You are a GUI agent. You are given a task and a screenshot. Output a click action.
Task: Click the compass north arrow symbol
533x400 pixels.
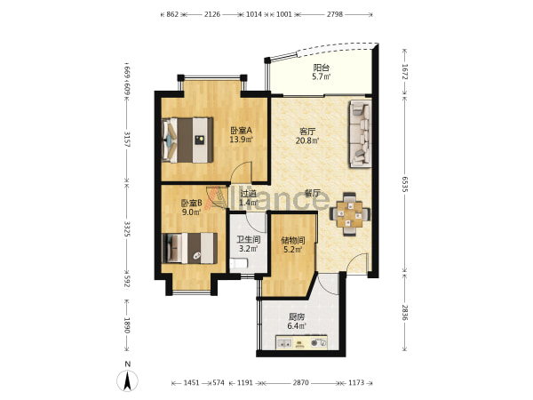pyautogui.click(x=127, y=380)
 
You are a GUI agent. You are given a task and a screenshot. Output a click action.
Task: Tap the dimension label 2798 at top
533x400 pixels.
pyautogui.click(x=335, y=14)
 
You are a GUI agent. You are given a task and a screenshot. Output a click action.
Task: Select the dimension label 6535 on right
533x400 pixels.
pyautogui.click(x=404, y=184)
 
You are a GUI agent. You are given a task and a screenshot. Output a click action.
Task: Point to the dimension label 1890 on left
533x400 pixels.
pyautogui.click(x=127, y=325)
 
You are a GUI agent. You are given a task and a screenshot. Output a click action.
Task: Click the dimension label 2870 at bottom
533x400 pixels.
pyautogui.click(x=301, y=382)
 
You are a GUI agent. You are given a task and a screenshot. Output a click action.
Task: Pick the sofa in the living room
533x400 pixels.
pyautogui.click(x=360, y=133)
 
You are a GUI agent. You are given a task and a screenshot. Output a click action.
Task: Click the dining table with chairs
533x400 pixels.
pyautogui.click(x=349, y=214)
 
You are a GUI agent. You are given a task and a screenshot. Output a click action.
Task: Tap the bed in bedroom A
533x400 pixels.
pyautogui.click(x=187, y=140)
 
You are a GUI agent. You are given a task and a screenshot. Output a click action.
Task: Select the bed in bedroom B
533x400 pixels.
pyautogui.click(x=190, y=248)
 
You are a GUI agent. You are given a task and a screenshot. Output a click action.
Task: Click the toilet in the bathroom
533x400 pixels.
pyautogui.click(x=239, y=264)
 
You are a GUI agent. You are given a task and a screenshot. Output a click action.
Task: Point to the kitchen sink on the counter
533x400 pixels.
pyautogui.click(x=284, y=342)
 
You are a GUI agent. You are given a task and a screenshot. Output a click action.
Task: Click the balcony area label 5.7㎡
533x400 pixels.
pyautogui.click(x=322, y=76)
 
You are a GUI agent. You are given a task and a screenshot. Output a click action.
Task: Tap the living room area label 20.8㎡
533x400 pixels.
pyautogui.click(x=307, y=140)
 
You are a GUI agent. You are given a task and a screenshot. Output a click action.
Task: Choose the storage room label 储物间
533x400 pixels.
pyautogui.click(x=293, y=241)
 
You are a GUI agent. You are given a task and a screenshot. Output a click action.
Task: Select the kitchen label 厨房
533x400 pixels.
pyautogui.click(x=297, y=317)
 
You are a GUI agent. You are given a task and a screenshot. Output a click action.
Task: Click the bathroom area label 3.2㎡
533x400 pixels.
pyautogui.click(x=248, y=249)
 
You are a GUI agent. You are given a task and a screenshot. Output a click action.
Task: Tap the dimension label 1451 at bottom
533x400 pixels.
pyautogui.click(x=191, y=382)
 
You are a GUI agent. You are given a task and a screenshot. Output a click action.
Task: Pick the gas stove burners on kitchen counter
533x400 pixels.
pyautogui.click(x=319, y=342)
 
